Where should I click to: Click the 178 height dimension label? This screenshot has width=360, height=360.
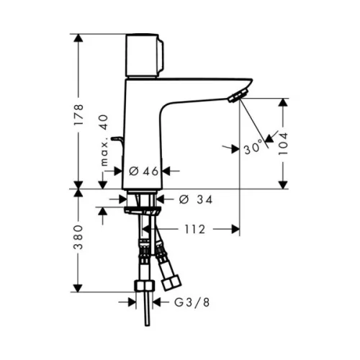[78, 114]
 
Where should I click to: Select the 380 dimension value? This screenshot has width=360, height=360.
[78, 237]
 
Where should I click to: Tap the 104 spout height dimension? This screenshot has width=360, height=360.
[283, 143]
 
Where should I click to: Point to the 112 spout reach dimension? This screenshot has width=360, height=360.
[195, 230]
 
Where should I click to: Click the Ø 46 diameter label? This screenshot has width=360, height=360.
[143, 171]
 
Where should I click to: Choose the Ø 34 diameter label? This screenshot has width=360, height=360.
[196, 199]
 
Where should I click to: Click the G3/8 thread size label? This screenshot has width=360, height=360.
[192, 302]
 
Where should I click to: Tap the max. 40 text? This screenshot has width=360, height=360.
[104, 140]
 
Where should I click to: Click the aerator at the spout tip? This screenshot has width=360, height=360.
[238, 96]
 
